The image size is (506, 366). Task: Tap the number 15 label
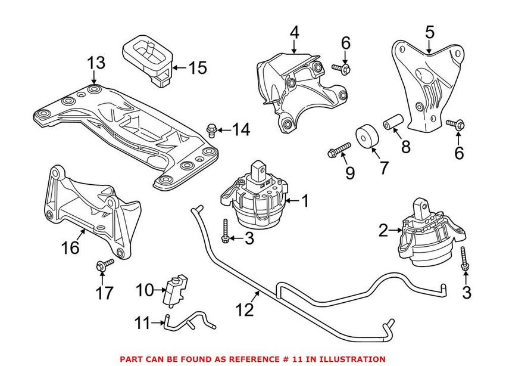(195, 67)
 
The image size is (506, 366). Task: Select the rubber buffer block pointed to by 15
(146, 61)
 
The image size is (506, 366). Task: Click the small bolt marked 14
(210, 128)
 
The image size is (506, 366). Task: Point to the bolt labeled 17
(101, 265)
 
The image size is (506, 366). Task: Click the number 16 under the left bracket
(70, 247)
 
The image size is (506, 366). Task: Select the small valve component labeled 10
(175, 288)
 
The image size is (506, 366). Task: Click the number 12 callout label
(245, 310)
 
